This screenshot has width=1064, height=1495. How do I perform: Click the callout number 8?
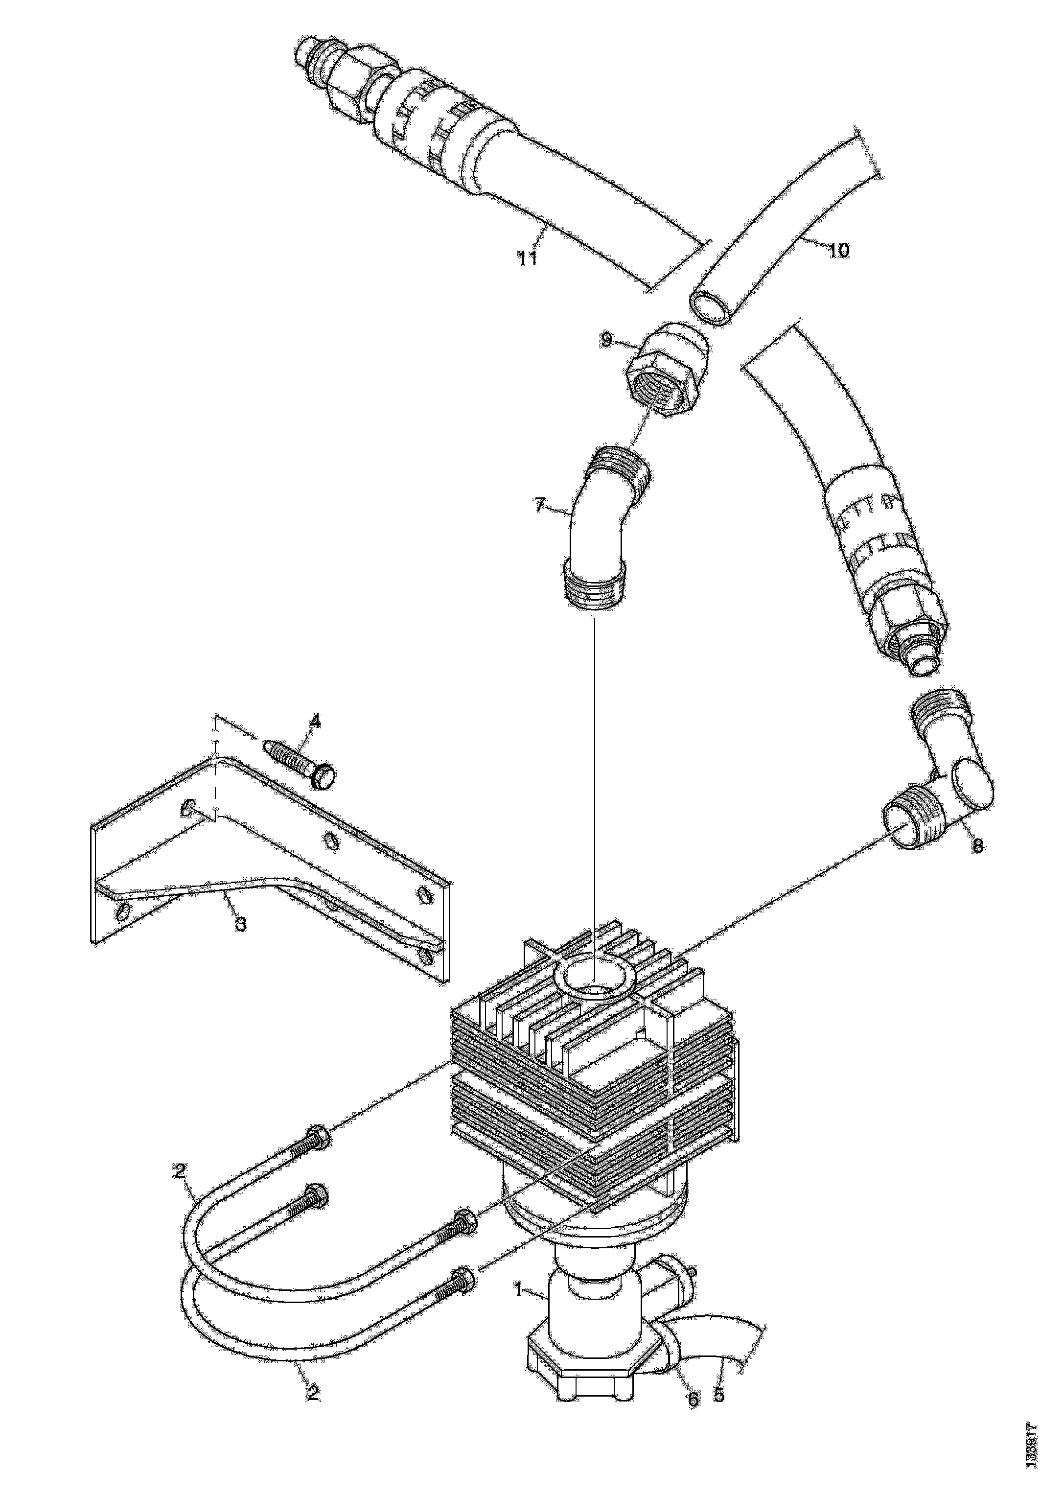(x=977, y=846)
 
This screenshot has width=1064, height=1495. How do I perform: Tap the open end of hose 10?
(x=711, y=306)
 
